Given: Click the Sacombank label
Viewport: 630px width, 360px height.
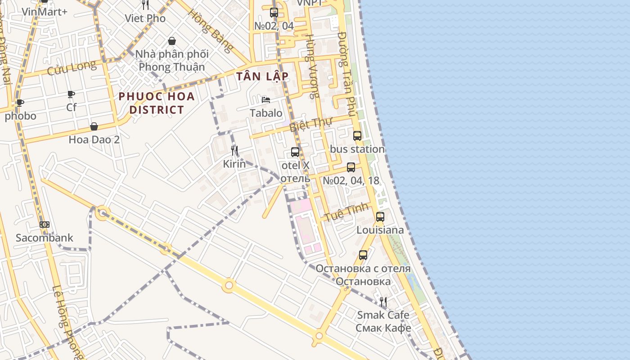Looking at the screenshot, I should click(x=44, y=238).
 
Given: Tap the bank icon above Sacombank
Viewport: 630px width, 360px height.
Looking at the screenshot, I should click(x=44, y=225).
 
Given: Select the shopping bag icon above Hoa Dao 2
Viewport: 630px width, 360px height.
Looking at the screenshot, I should click(x=94, y=126).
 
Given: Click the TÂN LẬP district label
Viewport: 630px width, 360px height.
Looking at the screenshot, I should click(x=262, y=76).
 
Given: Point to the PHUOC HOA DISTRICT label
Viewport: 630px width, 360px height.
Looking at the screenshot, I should click(x=157, y=103).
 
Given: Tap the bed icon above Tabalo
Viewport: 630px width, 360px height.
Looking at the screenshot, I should click(x=266, y=99).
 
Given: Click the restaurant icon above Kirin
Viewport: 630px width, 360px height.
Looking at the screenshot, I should click(x=234, y=150).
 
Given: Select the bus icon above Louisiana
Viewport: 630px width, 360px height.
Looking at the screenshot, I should click(x=380, y=217).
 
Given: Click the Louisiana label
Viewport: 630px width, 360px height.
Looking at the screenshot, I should click(x=380, y=230).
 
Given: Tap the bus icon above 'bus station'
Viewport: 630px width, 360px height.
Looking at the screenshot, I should click(x=357, y=135).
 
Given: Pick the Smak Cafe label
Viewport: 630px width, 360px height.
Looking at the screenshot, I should click(x=383, y=315).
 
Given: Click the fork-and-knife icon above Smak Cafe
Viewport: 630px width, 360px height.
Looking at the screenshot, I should click(x=383, y=301).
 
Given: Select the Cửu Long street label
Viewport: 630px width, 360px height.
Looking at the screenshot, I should click(x=72, y=67).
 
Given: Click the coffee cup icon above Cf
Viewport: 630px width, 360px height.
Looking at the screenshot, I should click(x=71, y=94).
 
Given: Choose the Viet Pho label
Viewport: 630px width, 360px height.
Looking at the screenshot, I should click(x=145, y=18).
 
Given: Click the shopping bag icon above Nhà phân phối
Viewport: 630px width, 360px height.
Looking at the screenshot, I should click(x=172, y=41).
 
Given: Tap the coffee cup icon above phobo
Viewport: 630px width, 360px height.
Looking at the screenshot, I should click(x=20, y=103).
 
